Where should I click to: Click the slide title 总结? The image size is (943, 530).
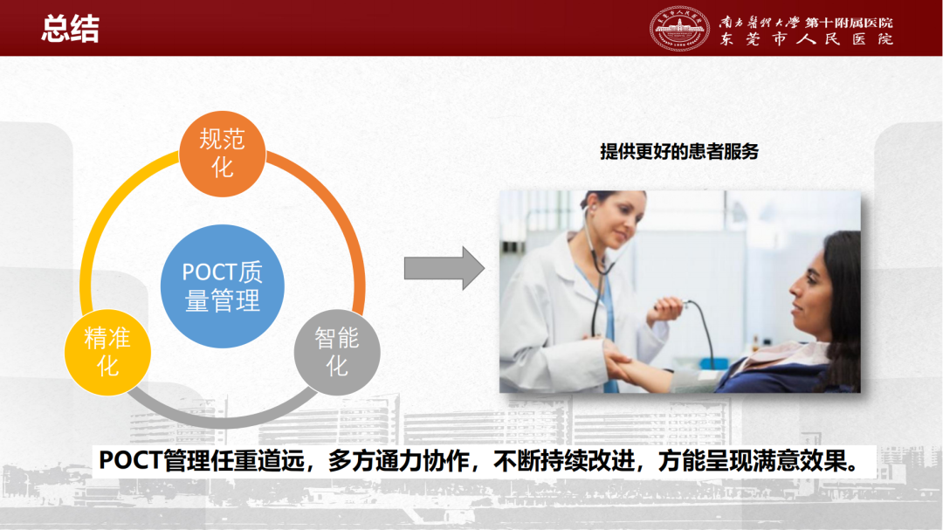point(71,28)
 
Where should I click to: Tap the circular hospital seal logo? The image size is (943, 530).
point(679,28)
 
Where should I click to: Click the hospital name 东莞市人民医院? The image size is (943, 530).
point(807,39)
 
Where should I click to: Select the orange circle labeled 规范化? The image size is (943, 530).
point(223,154)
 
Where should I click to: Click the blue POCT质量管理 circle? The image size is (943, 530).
point(223,286)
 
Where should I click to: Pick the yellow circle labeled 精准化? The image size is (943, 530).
point(107,353)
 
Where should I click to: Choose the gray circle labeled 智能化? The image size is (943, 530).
point(337,353)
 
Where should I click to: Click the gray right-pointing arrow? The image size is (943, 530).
point(444,268)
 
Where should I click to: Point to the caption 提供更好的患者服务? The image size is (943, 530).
point(679,152)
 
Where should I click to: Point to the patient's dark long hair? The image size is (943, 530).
point(842,300)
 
